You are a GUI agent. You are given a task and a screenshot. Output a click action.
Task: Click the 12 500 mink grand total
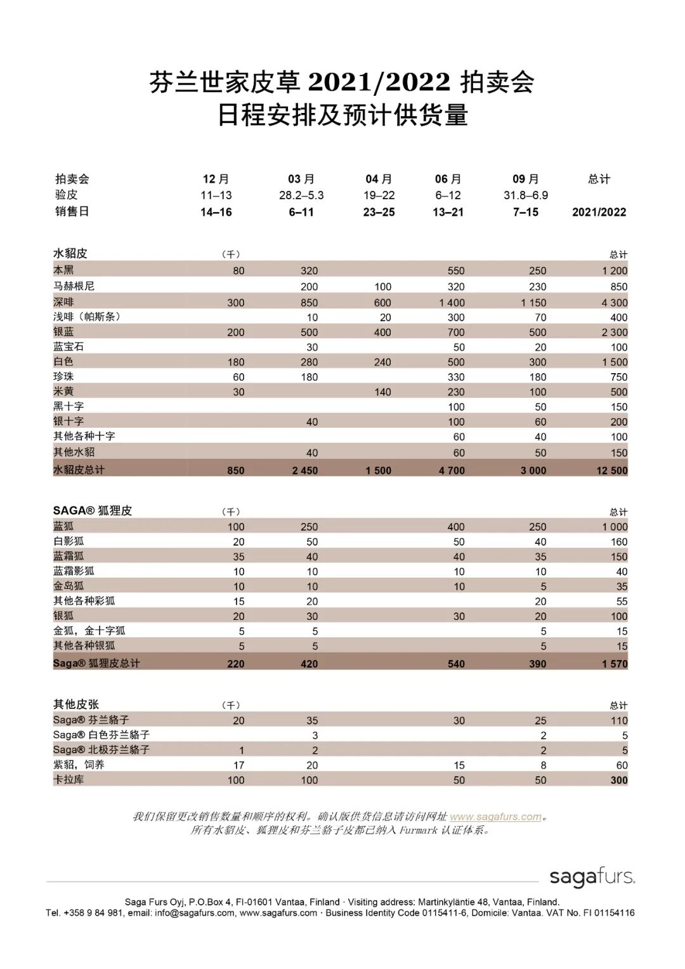pyautogui.click(x=611, y=470)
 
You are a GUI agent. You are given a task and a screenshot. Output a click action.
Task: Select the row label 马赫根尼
pyautogui.click(x=74, y=286)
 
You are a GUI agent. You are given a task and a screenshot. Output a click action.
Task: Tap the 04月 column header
pyautogui.click(x=379, y=179)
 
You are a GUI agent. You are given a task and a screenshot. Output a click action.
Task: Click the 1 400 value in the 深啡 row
pyautogui.click(x=452, y=303)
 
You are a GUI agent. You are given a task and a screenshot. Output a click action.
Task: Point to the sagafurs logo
pyautogui.click(x=592, y=877)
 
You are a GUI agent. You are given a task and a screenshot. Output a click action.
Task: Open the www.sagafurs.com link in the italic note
pyautogui.click(x=495, y=817)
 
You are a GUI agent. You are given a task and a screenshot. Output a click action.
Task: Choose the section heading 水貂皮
pyautogui.click(x=70, y=253)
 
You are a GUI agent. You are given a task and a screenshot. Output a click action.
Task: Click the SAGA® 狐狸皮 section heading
pyautogui.click(x=93, y=511)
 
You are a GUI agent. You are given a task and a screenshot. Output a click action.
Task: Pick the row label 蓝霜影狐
pyautogui.click(x=74, y=571)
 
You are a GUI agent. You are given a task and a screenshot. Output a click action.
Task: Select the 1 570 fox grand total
pyautogui.click(x=615, y=664)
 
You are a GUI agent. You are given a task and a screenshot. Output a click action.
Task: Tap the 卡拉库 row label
pyautogui.click(x=68, y=779)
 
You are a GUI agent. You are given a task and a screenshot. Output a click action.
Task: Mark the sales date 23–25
pyautogui.click(x=379, y=212)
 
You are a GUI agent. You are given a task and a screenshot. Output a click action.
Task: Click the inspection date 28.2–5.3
pyautogui.click(x=301, y=195)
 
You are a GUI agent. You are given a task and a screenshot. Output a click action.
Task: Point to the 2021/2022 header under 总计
pyautogui.click(x=599, y=212)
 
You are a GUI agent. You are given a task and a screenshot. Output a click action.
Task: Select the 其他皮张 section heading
pyautogui.click(x=76, y=704)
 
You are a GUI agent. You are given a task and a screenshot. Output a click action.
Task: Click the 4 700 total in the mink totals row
pyautogui.click(x=452, y=470)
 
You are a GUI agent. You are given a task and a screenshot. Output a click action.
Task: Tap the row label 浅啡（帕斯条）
pyautogui.click(x=87, y=316)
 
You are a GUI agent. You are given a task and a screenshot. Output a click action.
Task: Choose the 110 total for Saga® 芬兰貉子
pyautogui.click(x=619, y=720)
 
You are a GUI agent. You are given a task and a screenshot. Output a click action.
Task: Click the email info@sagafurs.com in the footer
pyautogui.click(x=194, y=913)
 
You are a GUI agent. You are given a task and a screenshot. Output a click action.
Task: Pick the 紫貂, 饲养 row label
pyautogui.click(x=79, y=765)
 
